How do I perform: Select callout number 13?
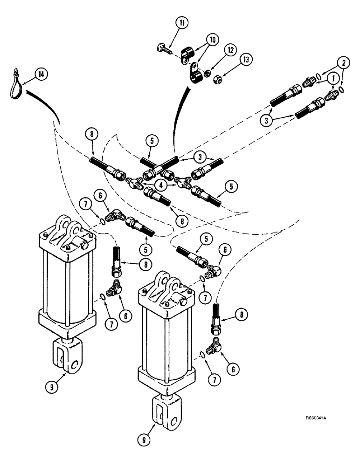click(245, 60)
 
